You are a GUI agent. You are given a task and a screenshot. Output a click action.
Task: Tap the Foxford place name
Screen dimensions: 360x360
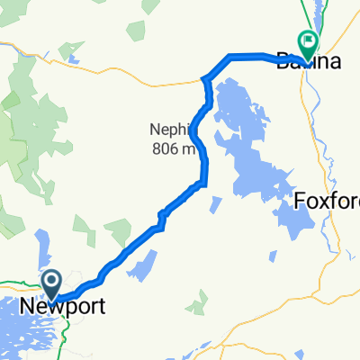point(328,200)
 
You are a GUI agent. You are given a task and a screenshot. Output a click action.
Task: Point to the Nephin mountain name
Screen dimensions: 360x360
point(168,129)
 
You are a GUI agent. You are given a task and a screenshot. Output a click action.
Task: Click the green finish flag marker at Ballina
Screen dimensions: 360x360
point(308,41)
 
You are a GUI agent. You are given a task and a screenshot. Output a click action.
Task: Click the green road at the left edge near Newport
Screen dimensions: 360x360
point(13,289)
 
